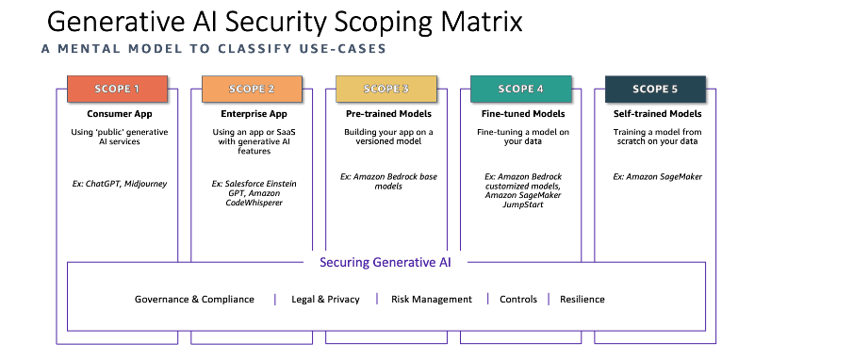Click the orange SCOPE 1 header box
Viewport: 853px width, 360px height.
(x=117, y=89)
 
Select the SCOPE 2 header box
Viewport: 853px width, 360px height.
(x=252, y=89)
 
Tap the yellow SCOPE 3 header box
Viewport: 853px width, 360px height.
(x=386, y=89)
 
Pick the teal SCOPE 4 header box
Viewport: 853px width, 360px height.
(x=520, y=89)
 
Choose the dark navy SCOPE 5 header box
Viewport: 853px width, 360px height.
(x=655, y=89)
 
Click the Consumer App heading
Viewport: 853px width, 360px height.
(x=120, y=114)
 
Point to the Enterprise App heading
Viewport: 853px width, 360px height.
(x=254, y=114)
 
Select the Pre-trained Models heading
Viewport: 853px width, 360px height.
(x=388, y=114)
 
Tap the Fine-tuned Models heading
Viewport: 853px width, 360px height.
(x=523, y=114)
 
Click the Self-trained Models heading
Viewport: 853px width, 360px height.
(x=658, y=114)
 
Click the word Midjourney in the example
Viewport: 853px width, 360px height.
(x=145, y=184)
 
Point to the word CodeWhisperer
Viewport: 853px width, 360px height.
(x=254, y=203)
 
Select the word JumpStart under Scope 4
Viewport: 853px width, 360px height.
(x=523, y=205)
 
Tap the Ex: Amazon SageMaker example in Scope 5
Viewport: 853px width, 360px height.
(x=658, y=177)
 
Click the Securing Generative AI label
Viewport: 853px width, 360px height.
(x=385, y=263)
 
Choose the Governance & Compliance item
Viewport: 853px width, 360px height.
(x=194, y=299)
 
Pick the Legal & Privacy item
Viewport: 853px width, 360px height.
(x=325, y=299)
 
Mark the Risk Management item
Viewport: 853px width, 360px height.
(x=432, y=299)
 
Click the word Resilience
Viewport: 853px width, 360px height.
(x=582, y=299)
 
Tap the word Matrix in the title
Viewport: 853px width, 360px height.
(x=481, y=22)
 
